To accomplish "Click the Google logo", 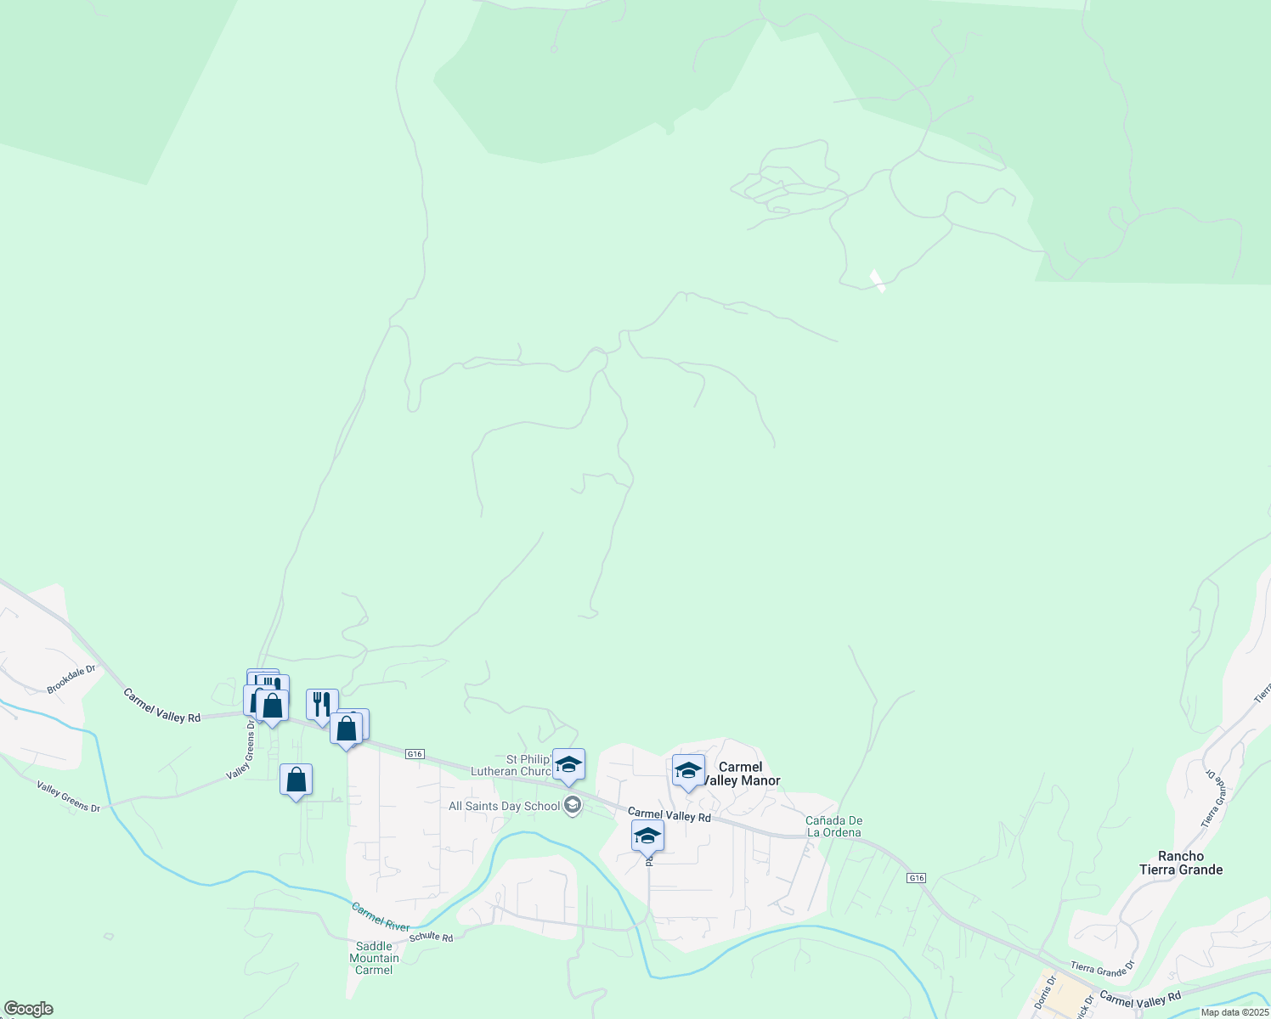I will click(28, 1009).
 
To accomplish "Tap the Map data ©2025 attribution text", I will click(1234, 1012).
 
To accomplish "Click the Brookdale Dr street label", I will click(71, 679).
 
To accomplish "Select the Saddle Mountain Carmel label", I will click(374, 958).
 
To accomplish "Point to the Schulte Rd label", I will click(432, 937).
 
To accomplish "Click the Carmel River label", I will click(381, 916).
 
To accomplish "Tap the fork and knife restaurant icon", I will click(321, 704).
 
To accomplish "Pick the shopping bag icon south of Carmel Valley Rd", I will click(296, 779).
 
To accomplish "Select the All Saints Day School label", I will click(504, 806).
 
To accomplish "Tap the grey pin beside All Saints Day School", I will click(573, 805).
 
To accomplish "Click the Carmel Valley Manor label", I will click(741, 774).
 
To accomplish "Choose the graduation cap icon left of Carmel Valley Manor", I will click(688, 770).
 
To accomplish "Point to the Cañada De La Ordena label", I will click(834, 826).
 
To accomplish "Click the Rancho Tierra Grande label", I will click(1181, 863).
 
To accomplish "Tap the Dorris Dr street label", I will click(1045, 991).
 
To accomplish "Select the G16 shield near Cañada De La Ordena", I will click(916, 877).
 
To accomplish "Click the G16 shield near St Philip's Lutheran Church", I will click(415, 754).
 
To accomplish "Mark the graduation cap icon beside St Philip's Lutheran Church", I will click(568, 763).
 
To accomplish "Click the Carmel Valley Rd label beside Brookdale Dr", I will click(161, 706).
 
